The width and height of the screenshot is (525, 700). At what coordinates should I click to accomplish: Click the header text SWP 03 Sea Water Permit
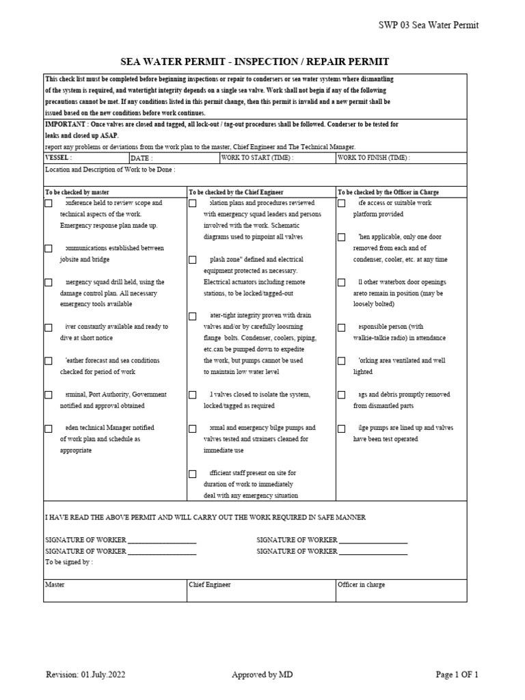coord(429,25)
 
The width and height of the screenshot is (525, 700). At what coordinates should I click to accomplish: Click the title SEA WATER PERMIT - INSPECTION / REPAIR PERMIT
coord(255,62)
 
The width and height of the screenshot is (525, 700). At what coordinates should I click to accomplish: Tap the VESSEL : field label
coord(58,157)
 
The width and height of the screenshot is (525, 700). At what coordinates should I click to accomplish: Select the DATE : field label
coord(142,157)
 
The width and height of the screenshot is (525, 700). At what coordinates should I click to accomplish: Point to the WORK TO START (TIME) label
coord(257,157)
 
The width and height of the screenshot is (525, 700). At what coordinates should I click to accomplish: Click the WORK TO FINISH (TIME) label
coord(374,157)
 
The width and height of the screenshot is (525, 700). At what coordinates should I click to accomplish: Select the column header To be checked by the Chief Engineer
coord(236,192)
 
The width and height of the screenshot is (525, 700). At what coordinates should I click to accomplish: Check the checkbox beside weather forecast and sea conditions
coord(49,361)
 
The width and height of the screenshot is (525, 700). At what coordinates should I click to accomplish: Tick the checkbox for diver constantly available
coord(49,327)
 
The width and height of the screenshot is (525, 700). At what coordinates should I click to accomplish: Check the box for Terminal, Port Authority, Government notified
coord(49,395)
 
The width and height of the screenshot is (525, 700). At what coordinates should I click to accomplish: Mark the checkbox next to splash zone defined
coord(193,260)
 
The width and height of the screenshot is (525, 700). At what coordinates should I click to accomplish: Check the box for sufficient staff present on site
coord(193,474)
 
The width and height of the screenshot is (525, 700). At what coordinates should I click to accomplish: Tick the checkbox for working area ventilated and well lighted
coord(342,361)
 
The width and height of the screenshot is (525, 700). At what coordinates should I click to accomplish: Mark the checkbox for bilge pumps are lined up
coord(342,429)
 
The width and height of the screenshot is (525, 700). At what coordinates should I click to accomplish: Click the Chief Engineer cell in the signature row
coord(210,585)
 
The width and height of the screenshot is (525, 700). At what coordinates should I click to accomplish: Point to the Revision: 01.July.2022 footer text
coord(85,675)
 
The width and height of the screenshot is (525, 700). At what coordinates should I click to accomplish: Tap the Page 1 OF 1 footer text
coord(457,675)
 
